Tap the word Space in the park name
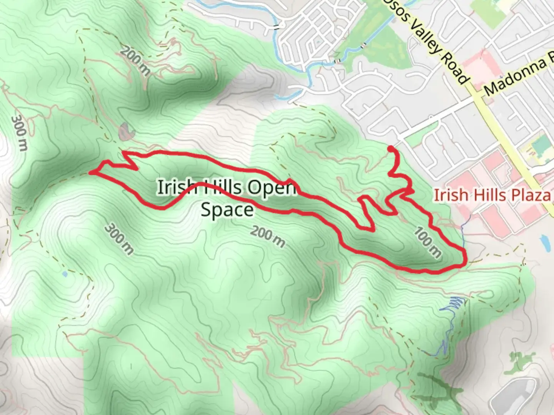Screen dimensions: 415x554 coord(227,210)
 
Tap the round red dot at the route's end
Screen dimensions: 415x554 coord(390,149)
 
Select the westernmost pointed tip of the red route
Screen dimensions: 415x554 coord(91,173)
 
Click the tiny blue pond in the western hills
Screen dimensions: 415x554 coord(64,274)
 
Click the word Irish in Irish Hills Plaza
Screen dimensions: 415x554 coord(446,195)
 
